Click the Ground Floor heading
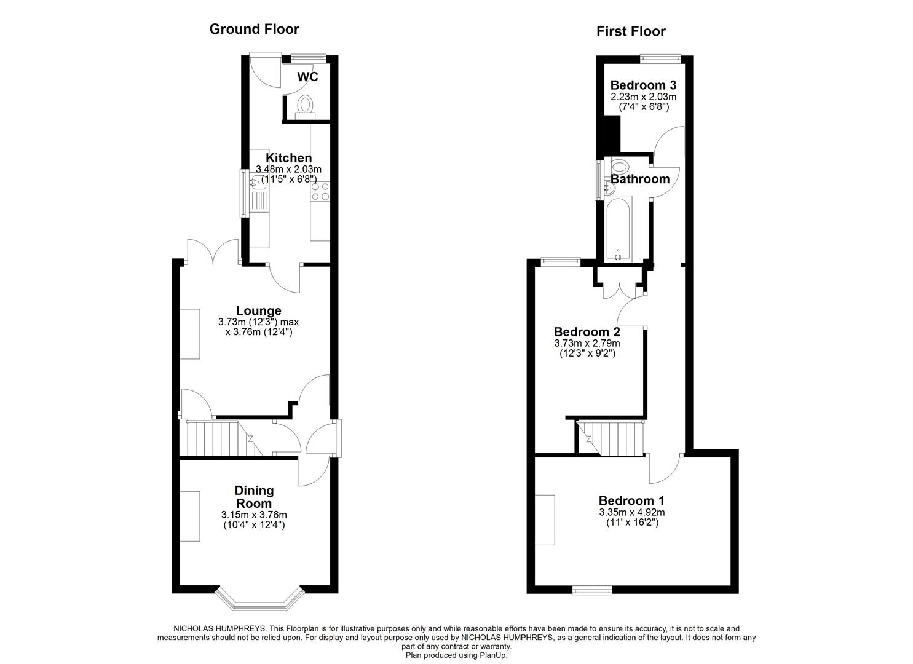(x=254, y=29)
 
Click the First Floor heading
(x=631, y=31)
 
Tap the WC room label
(x=307, y=77)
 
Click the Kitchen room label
(x=288, y=158)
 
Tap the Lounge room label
(x=258, y=311)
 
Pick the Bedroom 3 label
(x=643, y=85)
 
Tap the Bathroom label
(x=639, y=179)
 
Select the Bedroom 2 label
(x=587, y=332)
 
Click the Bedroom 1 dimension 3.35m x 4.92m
(x=631, y=512)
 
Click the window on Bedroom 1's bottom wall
(x=592, y=590)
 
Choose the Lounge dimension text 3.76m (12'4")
(x=258, y=333)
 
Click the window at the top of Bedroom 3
(x=660, y=58)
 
